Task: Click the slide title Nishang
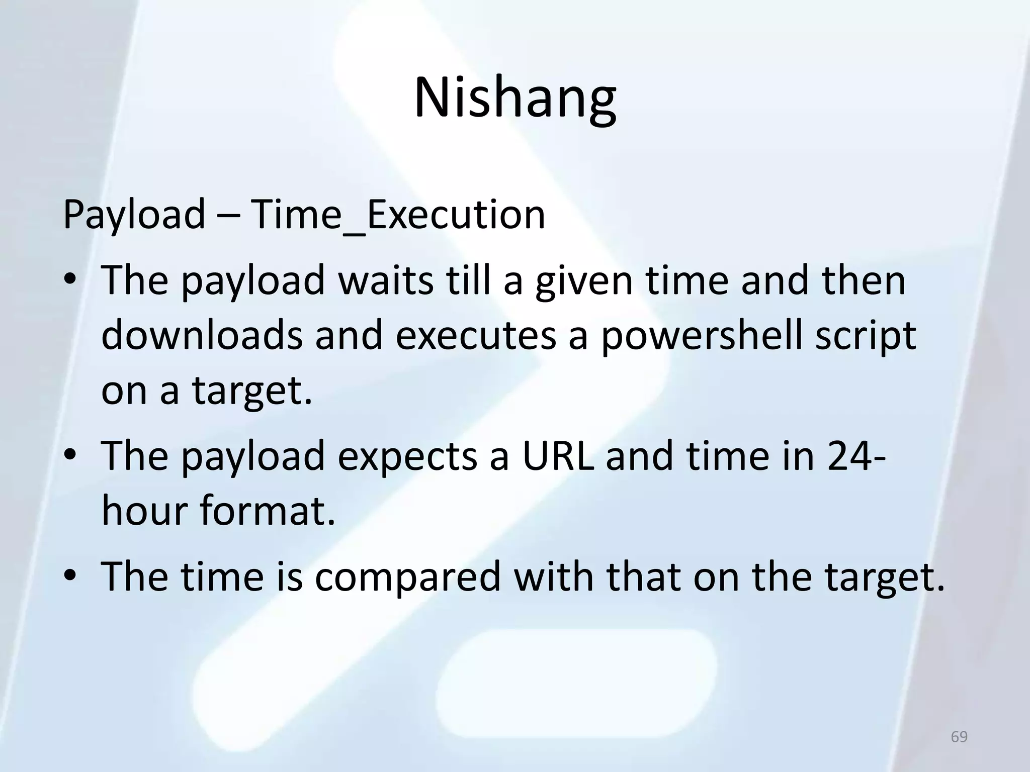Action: (x=514, y=98)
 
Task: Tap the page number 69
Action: (x=959, y=737)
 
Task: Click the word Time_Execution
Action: (x=397, y=215)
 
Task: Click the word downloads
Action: (x=202, y=336)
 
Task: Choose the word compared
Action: (x=408, y=576)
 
